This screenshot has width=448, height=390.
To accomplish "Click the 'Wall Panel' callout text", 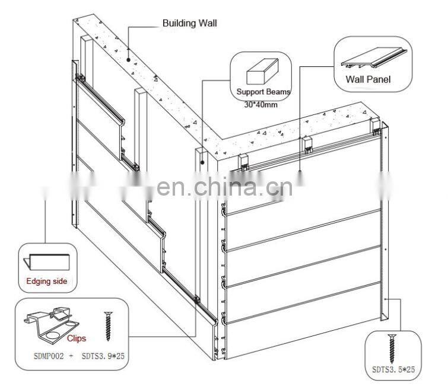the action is (x=368, y=79).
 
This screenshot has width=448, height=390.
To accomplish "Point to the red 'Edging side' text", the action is (x=47, y=281).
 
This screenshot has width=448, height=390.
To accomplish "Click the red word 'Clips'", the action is (x=76, y=338).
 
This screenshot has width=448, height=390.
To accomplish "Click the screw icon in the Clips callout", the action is (x=108, y=327).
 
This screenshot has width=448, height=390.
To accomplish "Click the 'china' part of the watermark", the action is (x=228, y=188).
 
